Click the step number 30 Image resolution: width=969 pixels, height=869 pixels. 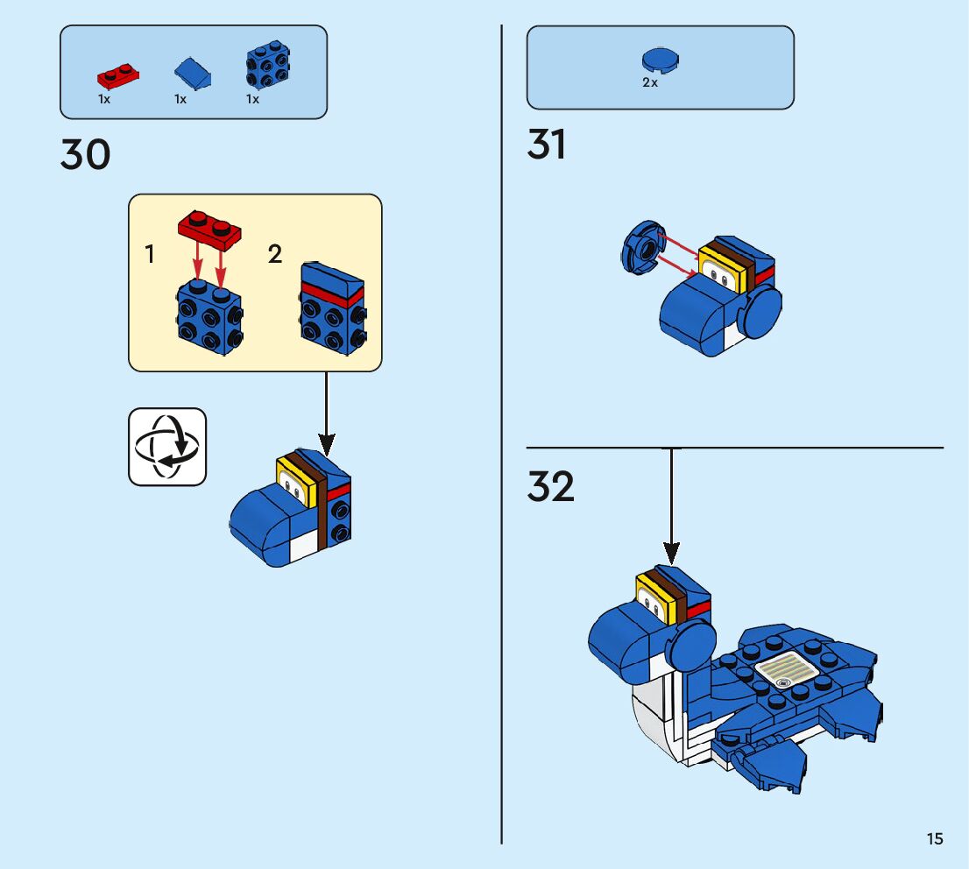(x=86, y=155)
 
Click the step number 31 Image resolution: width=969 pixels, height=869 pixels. (x=547, y=145)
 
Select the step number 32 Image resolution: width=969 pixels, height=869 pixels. (x=550, y=487)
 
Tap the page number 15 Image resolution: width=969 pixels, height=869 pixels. (x=935, y=839)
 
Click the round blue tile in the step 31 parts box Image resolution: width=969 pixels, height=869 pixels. (x=661, y=60)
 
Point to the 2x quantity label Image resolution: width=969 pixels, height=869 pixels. (x=650, y=83)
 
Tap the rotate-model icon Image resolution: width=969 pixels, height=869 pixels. (x=167, y=447)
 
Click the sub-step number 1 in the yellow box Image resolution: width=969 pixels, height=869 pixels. (x=150, y=255)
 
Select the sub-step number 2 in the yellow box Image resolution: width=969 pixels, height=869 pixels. (x=275, y=255)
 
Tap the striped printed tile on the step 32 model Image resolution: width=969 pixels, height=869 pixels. (x=786, y=672)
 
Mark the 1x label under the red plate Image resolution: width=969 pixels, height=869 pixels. (x=104, y=99)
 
